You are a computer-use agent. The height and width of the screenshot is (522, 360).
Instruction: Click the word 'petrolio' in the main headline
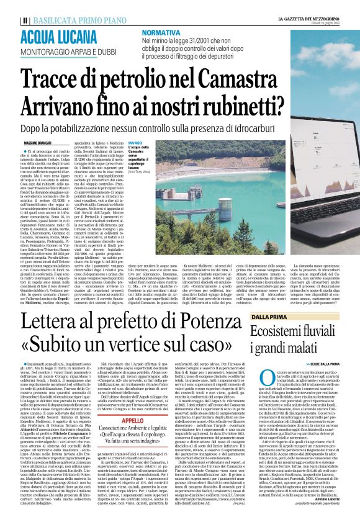[x=139, y=78]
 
